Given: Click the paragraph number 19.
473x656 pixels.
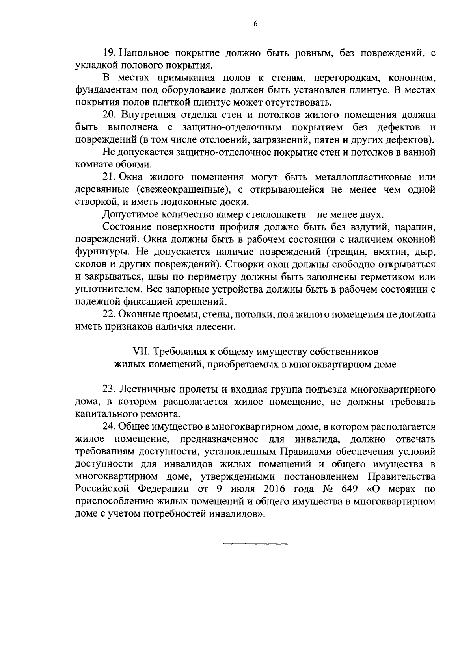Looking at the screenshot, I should click(109, 52).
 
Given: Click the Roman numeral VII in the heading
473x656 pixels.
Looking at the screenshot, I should click(140, 351).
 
